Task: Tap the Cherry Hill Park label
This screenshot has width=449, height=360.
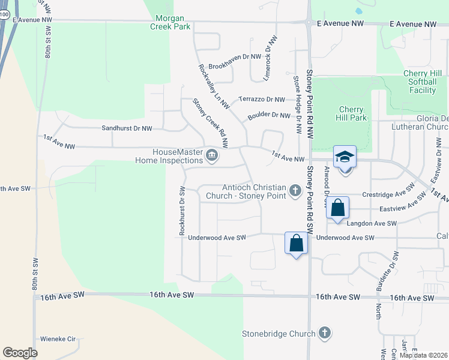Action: (352, 114)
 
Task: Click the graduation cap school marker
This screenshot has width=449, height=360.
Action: (345, 158)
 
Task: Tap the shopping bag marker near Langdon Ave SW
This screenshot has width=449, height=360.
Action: (338, 209)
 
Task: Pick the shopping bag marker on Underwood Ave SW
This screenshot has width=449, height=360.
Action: (296, 244)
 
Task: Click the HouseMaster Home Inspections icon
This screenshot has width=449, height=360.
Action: (211, 156)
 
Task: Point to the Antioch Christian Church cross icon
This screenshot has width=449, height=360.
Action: (295, 191)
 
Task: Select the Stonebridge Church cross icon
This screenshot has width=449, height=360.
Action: (324, 333)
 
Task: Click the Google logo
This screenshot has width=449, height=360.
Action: (20, 353)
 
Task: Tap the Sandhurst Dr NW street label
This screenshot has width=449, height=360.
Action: (127, 128)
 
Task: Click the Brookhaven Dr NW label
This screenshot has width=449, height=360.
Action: (235, 56)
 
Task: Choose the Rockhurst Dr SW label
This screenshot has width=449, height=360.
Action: (181, 210)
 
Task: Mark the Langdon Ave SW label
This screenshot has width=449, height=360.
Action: (372, 223)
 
